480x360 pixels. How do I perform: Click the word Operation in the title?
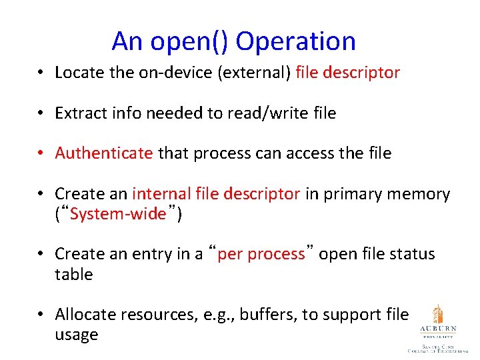[x=296, y=41]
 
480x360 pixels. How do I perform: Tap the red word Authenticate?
[x=104, y=153]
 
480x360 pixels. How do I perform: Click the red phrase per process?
[x=261, y=254]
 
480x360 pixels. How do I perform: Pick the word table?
[x=73, y=275]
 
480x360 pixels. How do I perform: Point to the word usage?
[x=76, y=335]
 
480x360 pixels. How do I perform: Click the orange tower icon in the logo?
[x=437, y=314]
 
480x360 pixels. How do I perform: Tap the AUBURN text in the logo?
[x=437, y=329]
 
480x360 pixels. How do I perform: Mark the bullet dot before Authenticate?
[x=41, y=154]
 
